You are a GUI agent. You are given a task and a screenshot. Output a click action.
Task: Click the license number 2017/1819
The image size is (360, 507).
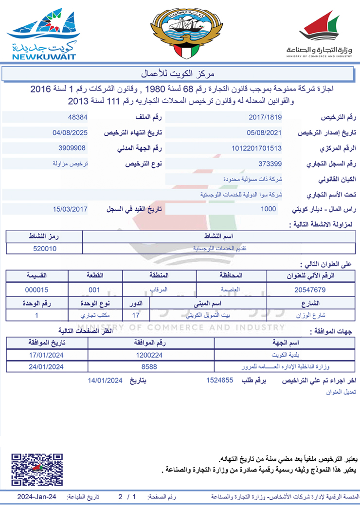[x=265, y=117]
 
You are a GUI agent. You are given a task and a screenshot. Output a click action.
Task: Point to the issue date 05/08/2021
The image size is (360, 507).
[x=264, y=133]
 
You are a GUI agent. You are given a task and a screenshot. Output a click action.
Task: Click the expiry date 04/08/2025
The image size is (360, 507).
[x=70, y=133]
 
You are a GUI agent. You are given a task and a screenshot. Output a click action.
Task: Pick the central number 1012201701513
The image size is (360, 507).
[x=257, y=148]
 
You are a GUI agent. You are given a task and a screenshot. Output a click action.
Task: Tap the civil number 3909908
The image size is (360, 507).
[x=72, y=148]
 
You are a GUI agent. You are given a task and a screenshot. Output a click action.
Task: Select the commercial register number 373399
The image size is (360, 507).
[x=270, y=164]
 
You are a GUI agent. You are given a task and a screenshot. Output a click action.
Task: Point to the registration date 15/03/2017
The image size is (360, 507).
[x=70, y=209]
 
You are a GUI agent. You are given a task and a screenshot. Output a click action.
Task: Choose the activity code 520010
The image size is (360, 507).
[x=44, y=248]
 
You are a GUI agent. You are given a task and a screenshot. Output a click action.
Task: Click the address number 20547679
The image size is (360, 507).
[x=310, y=290]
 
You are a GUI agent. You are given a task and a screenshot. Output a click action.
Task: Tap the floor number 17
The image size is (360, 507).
[x=136, y=315]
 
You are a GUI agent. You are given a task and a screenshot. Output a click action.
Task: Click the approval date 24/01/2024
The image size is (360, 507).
[x=47, y=366]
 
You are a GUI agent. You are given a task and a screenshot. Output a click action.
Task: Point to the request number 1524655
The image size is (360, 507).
[x=219, y=381]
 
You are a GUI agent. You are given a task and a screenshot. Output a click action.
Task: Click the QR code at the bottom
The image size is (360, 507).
[x=37, y=470]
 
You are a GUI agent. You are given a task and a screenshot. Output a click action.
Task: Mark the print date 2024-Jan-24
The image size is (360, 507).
[x=37, y=497]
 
